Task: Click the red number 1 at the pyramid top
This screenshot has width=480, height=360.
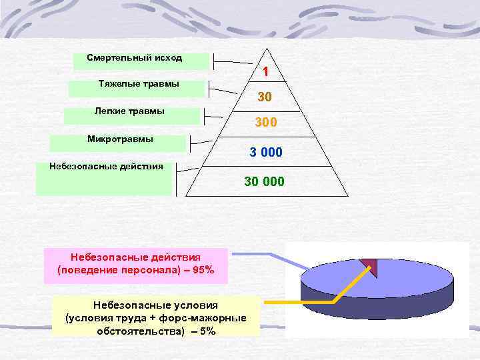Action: point(265,71)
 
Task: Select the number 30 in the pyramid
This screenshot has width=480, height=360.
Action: point(265,97)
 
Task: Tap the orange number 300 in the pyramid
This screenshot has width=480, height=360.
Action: point(266,123)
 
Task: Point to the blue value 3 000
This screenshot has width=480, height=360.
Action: point(266,153)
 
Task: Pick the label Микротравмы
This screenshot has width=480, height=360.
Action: point(120,139)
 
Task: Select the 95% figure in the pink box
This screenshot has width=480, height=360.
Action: point(201,271)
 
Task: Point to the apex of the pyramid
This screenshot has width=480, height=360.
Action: point(267,49)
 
